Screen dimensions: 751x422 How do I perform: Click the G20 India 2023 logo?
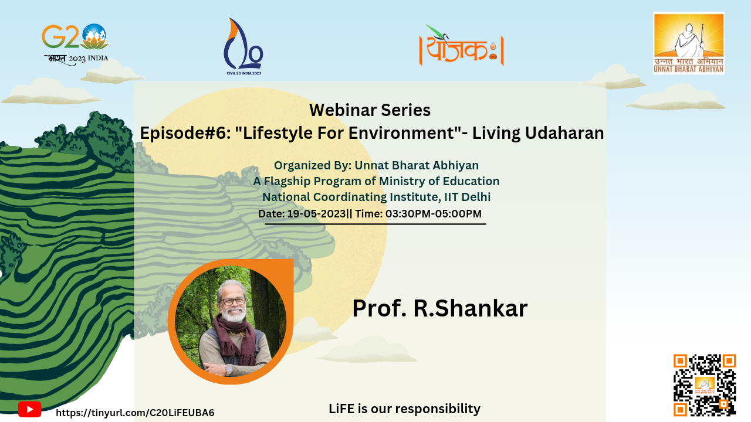click(76, 45)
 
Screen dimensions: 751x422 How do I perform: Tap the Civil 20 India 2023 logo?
click(243, 46)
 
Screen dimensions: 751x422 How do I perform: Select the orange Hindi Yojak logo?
click(462, 46)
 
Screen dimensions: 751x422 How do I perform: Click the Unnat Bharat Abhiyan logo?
click(689, 43)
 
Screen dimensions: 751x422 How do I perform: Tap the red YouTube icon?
click(29, 410)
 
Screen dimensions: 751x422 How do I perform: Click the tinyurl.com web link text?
click(135, 413)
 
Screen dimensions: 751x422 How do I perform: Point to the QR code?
click(705, 385)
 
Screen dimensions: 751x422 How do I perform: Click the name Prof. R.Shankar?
click(440, 308)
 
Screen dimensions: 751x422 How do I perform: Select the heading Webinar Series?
click(370, 110)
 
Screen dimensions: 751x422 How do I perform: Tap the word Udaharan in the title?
click(564, 132)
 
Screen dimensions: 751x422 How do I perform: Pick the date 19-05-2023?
click(316, 214)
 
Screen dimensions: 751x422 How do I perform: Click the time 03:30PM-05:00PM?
click(434, 214)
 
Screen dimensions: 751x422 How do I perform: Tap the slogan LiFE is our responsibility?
click(404, 409)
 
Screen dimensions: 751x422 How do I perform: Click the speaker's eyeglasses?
click(234, 301)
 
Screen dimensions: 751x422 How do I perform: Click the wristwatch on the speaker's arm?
click(229, 370)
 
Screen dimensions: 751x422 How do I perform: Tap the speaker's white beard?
click(234, 314)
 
